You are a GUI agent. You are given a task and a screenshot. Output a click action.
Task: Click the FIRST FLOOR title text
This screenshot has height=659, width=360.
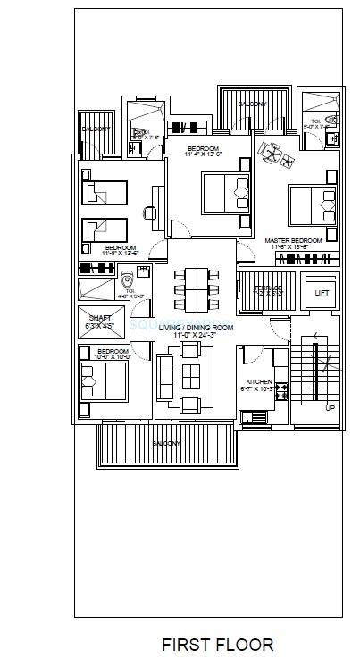tap(217, 644)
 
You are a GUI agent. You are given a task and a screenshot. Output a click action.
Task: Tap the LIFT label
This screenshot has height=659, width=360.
tap(322, 292)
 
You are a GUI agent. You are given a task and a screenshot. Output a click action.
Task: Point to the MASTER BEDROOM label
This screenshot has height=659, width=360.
tap(296, 241)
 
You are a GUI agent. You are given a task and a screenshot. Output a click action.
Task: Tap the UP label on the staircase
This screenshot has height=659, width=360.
tap(330, 407)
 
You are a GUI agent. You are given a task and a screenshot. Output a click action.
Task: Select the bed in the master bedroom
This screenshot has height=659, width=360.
tap(309, 204)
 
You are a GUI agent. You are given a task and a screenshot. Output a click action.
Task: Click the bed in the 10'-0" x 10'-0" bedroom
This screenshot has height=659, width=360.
tap(101, 377)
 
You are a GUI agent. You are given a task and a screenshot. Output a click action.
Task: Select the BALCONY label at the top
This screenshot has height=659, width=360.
tap(252, 104)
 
